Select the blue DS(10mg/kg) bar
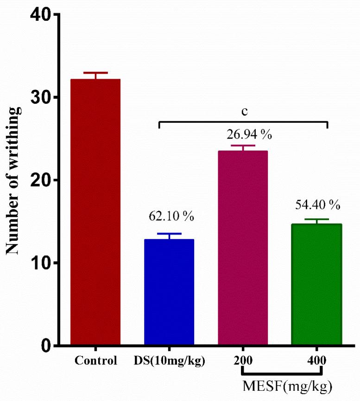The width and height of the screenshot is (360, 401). point(169,292)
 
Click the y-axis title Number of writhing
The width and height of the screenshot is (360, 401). point(13,181)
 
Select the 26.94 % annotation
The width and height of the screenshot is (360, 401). point(242,136)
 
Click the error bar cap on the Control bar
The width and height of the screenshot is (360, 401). point(95,73)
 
